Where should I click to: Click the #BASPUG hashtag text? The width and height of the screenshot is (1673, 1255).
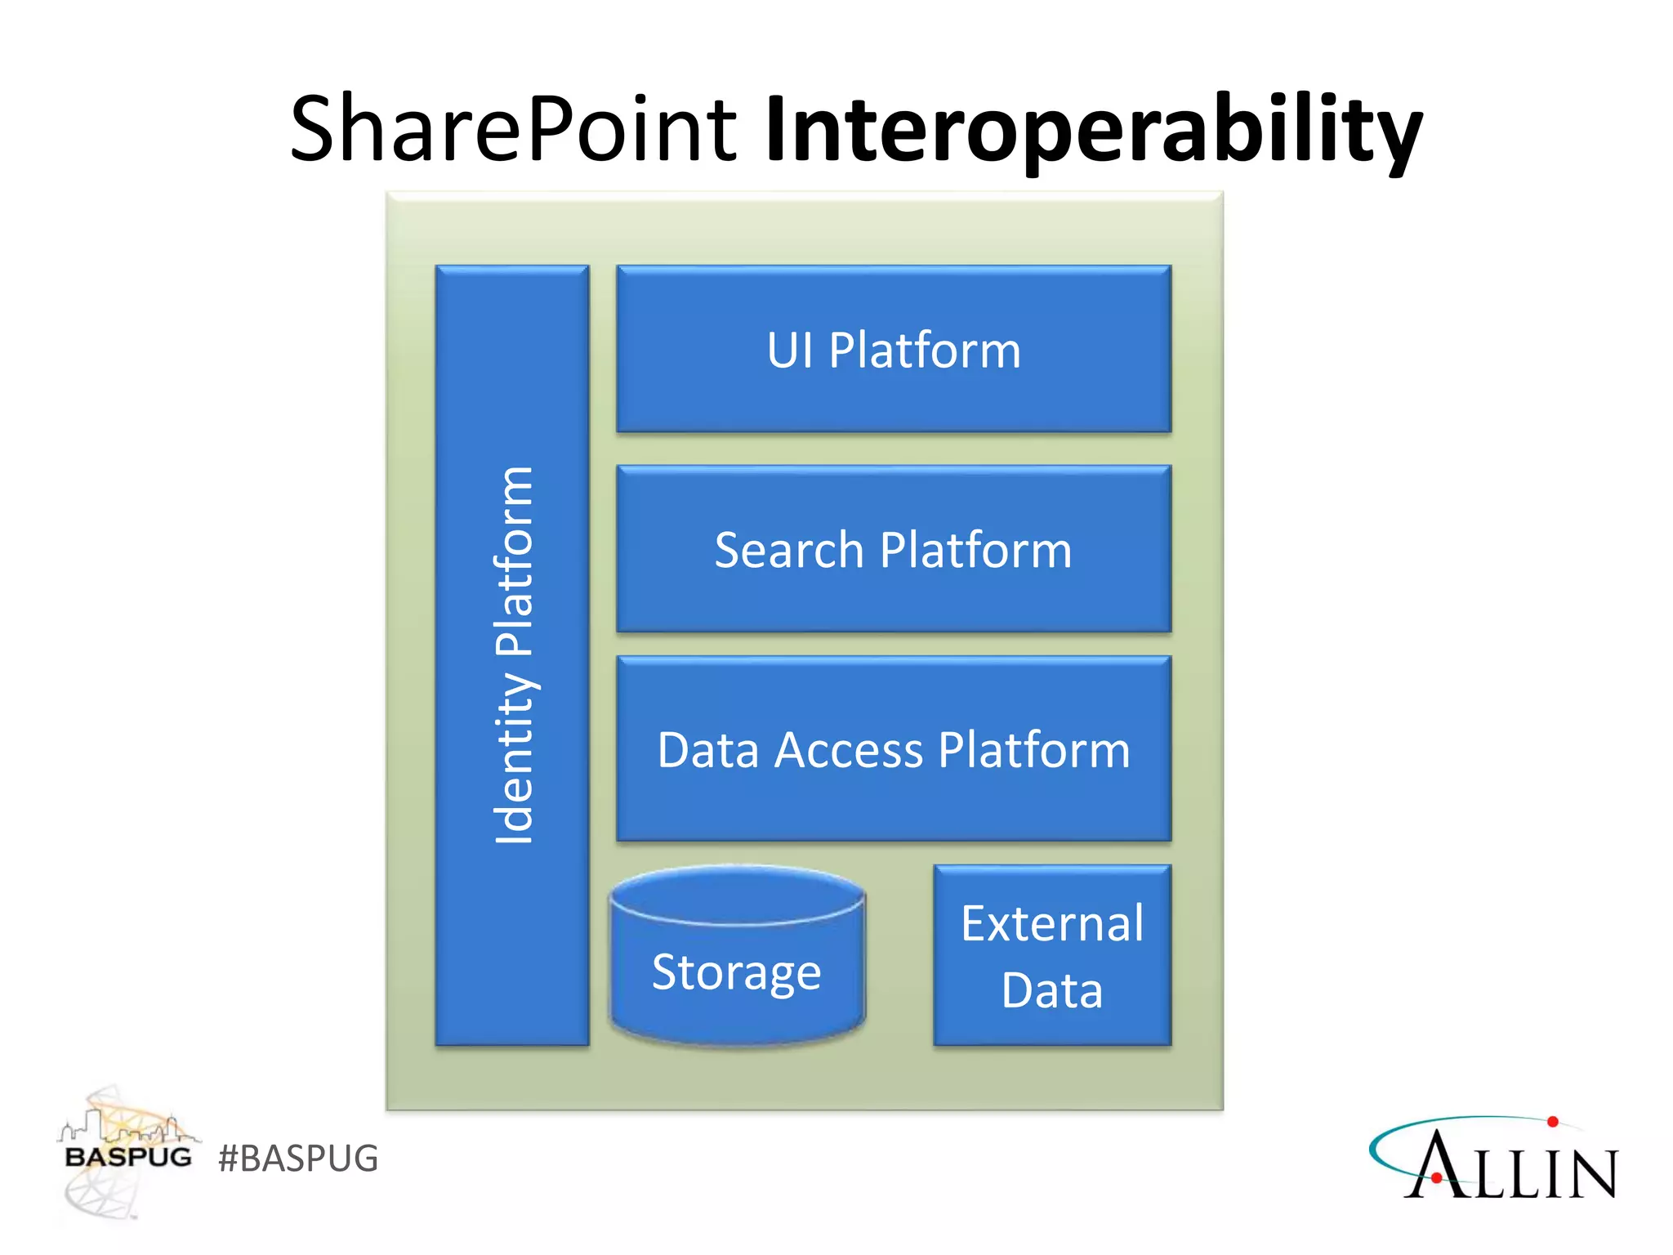298,1159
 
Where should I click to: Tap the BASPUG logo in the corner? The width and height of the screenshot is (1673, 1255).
127,1152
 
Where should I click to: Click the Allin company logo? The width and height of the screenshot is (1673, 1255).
1495,1160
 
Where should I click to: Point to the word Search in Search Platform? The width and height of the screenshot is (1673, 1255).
788,550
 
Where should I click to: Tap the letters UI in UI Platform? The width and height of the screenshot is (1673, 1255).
789,351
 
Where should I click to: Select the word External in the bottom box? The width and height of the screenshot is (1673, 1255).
1052,924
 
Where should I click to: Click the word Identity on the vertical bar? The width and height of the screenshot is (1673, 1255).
514,757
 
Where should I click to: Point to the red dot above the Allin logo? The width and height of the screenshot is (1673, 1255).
1552,1122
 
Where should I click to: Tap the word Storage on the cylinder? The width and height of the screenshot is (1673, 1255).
736,972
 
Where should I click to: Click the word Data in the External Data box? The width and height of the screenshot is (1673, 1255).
1052,990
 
